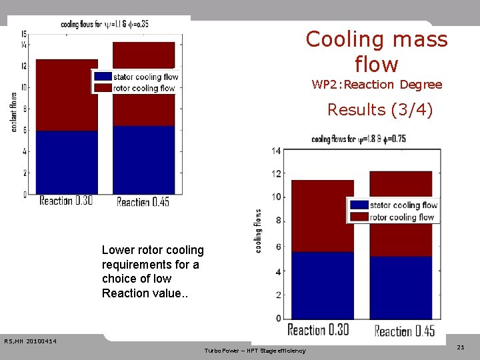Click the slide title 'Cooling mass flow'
point(377,51)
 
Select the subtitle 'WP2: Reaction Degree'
point(377,85)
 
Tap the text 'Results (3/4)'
point(379,109)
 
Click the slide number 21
point(461,348)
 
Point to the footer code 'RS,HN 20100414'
point(30,342)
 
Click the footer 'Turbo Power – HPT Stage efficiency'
point(255,351)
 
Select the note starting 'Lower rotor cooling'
point(153,271)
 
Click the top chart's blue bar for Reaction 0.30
point(67,162)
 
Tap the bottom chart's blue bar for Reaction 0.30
point(323,285)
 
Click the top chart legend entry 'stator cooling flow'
point(144,77)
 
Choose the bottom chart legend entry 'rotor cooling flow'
point(403,217)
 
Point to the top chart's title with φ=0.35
point(104,24)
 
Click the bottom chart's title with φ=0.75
point(359,139)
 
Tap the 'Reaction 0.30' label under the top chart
point(66,201)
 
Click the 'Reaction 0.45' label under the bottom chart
point(404,331)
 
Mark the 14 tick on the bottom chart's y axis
point(276,151)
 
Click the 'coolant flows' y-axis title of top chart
point(14,111)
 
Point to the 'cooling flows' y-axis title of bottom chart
point(258,231)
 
